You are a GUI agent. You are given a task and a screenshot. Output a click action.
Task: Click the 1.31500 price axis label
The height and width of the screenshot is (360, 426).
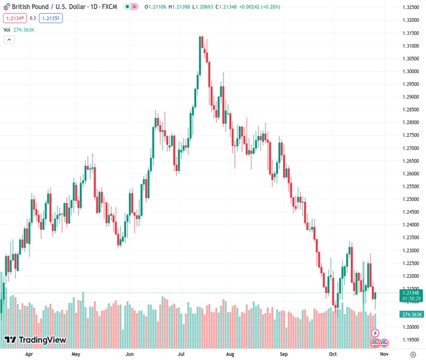(x=411, y=33)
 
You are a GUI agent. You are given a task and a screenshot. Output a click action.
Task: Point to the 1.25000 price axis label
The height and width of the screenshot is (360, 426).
(x=411, y=199)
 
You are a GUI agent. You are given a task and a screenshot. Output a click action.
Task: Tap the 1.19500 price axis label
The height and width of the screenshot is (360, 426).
(x=411, y=340)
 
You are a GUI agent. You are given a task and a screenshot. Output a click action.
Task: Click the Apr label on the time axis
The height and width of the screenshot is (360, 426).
(x=29, y=354)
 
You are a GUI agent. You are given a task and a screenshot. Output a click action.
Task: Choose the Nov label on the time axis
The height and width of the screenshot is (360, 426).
(x=384, y=354)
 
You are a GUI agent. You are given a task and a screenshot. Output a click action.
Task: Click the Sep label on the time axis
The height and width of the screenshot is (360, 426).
(x=284, y=354)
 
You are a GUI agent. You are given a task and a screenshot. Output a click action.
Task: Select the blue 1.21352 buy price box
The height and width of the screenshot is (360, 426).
(x=50, y=18)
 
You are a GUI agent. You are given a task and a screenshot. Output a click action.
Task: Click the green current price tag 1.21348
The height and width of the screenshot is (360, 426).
(x=411, y=292)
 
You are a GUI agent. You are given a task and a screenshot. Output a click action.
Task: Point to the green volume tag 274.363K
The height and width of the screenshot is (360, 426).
(x=411, y=314)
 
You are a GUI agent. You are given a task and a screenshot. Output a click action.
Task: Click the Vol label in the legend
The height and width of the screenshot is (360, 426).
(x=7, y=29)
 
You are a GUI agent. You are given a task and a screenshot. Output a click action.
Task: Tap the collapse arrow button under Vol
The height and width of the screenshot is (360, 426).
(x=9, y=40)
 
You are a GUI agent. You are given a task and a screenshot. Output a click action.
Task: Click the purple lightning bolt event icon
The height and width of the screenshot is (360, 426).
(x=376, y=333)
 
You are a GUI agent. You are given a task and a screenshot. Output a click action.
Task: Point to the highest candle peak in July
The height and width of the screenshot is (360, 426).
(x=201, y=36)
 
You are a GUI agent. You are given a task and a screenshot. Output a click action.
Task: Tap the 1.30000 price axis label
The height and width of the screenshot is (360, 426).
(x=411, y=71)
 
